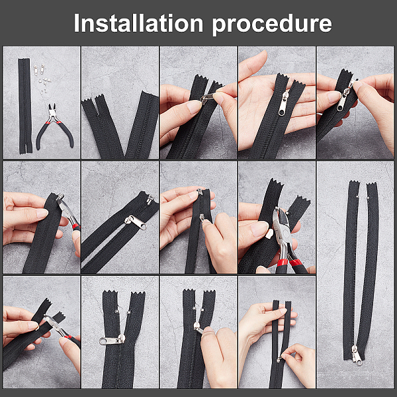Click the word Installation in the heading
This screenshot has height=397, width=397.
point(138,23)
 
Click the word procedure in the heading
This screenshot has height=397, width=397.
point(272,25)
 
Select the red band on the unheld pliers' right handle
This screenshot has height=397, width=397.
point(59,122)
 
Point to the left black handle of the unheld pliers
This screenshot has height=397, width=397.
point(42,136)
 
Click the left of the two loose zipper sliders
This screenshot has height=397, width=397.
point(36,70)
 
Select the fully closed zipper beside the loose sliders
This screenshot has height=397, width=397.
point(25,106)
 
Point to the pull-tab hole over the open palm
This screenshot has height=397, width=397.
point(281,111)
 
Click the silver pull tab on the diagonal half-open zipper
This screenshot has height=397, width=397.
point(136,222)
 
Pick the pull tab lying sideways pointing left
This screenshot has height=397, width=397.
point(112,340)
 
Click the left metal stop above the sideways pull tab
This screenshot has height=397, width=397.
point(116,311)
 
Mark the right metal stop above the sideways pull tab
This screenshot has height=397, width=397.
point(128,312)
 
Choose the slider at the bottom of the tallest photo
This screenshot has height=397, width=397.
point(356,355)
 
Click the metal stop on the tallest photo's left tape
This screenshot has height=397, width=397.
point(357,197)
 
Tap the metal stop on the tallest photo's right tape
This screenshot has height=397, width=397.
point(368,197)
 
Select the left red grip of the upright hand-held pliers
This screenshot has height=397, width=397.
point(282,263)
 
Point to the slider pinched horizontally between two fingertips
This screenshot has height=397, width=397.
point(207,97)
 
